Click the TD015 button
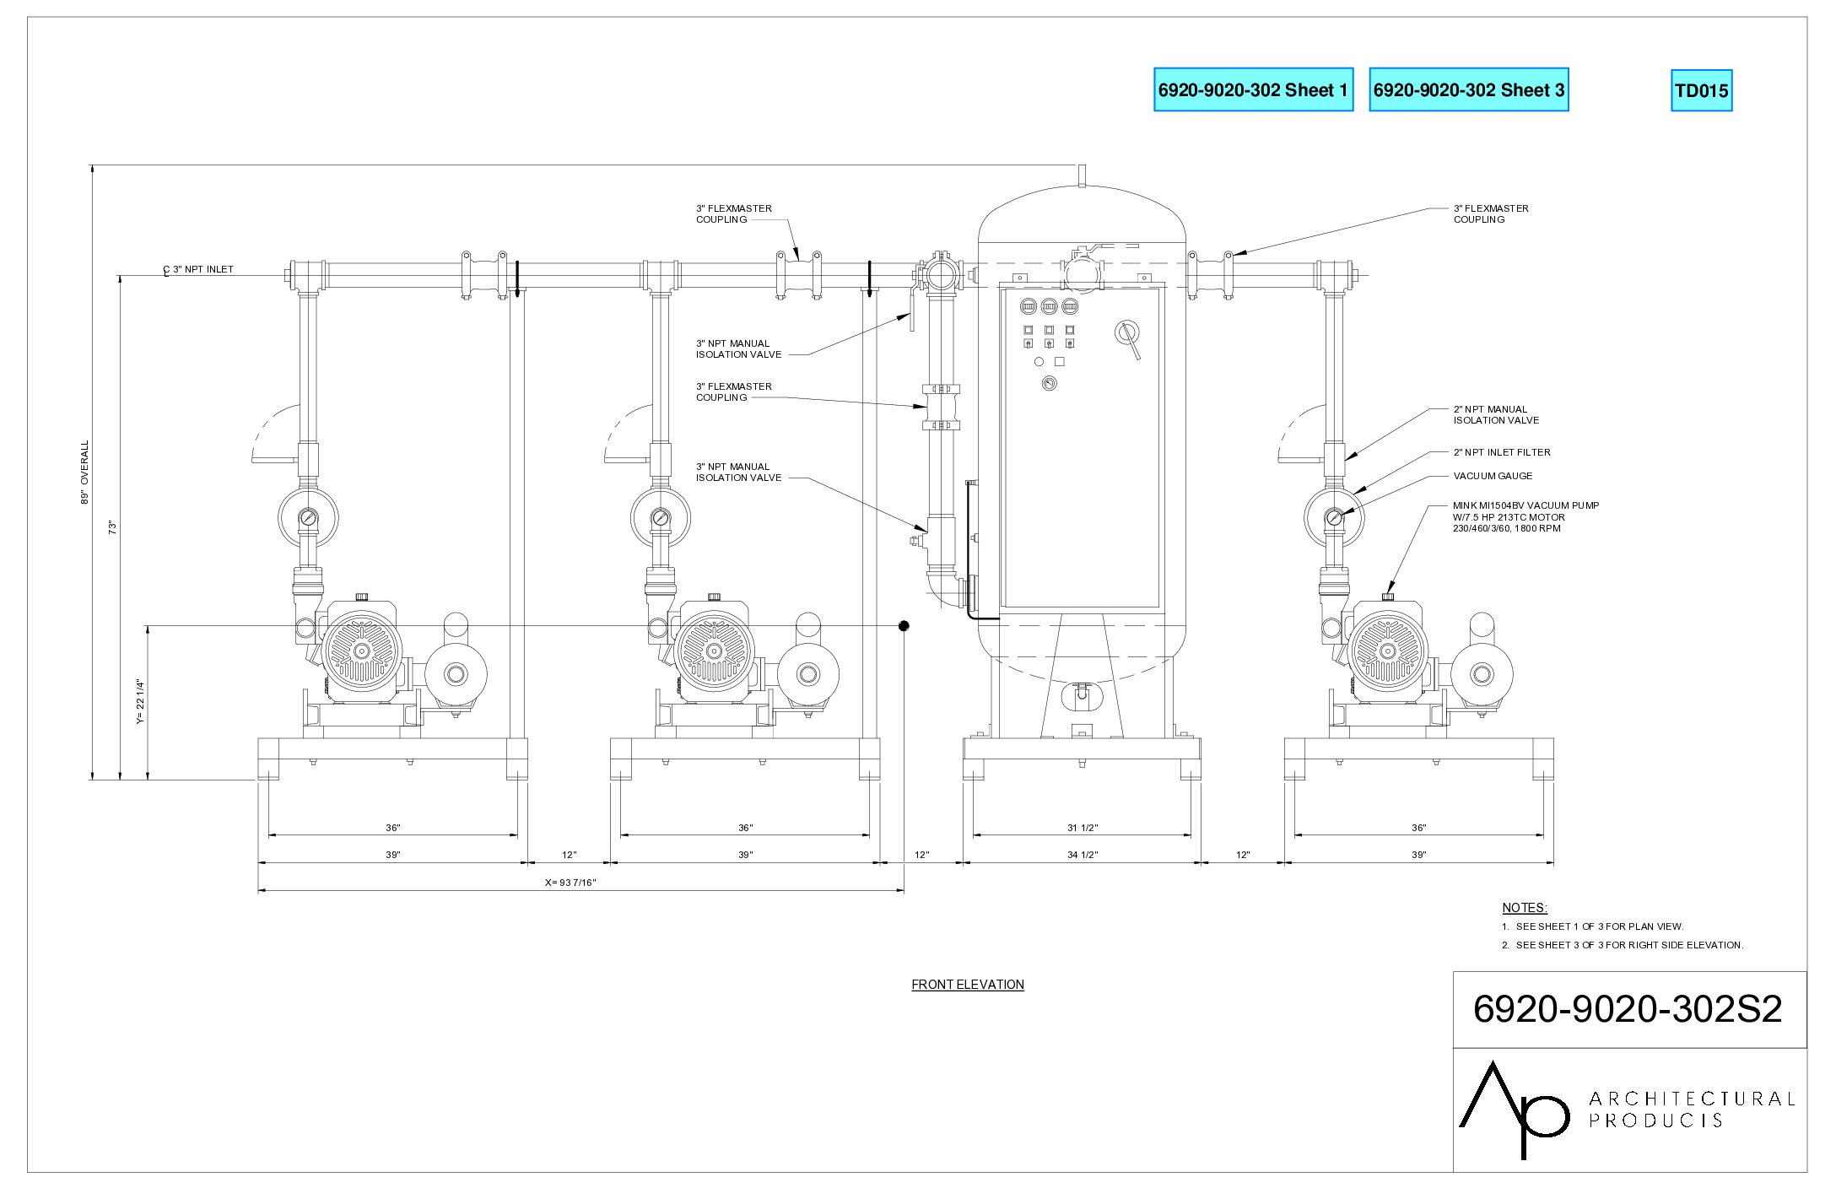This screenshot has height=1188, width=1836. [1701, 90]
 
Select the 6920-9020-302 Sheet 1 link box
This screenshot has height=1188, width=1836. [1253, 89]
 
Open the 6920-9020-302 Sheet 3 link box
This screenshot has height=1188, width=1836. [1468, 89]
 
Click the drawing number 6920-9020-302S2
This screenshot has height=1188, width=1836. [1628, 1009]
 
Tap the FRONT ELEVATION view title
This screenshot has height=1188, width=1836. [968, 985]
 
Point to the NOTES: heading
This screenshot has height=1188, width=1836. [1525, 908]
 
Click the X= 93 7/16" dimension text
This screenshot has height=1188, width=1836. [571, 883]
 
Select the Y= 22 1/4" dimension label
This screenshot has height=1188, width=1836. [140, 703]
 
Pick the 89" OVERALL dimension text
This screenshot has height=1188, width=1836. [84, 472]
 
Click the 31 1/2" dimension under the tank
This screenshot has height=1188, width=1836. [1083, 828]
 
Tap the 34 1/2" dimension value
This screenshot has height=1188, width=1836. [1083, 855]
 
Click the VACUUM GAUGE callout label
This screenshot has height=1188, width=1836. [1493, 476]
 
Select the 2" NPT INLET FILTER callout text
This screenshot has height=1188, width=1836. [1502, 452]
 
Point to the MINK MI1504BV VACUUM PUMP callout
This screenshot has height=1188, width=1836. [1525, 517]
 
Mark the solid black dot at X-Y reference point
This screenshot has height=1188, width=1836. [904, 626]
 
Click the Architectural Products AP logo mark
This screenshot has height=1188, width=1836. [1513, 1109]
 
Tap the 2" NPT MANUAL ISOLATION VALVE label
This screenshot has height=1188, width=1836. [1496, 414]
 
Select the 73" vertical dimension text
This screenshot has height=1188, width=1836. [112, 527]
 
